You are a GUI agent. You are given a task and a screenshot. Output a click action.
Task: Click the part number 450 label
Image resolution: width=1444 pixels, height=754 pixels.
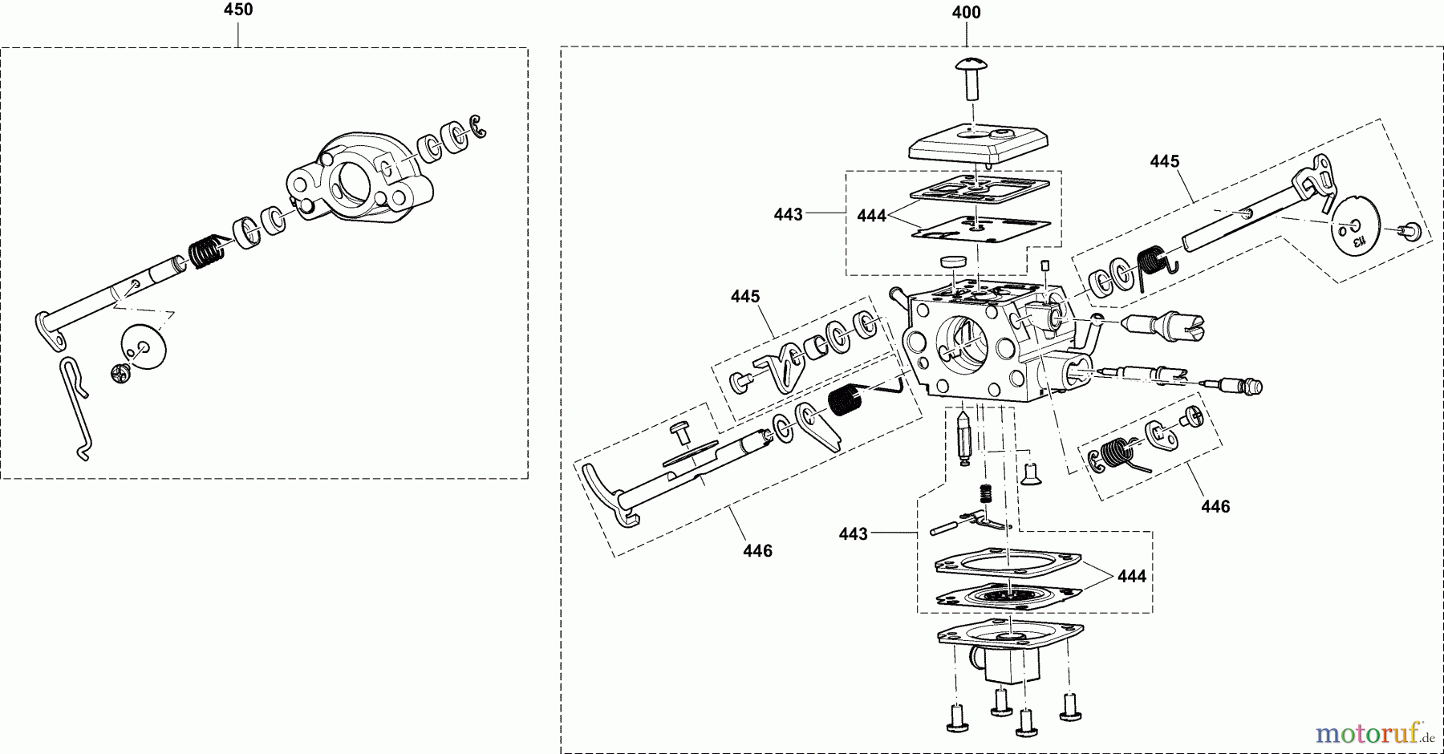238,10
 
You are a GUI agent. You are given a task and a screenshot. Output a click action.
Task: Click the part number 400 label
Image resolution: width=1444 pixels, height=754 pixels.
966,13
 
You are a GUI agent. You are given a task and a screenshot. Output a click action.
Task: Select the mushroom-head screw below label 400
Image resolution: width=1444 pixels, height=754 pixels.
971,77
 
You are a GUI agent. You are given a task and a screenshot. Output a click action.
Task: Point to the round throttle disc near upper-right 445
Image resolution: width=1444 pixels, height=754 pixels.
1356,231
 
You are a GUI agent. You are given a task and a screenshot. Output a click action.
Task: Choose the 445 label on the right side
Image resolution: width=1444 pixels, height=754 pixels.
1164,162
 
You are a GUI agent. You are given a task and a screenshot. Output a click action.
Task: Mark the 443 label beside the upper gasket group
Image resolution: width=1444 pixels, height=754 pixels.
788,214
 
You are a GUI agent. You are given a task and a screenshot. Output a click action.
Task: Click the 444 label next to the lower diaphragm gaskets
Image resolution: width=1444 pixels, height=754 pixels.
1131,576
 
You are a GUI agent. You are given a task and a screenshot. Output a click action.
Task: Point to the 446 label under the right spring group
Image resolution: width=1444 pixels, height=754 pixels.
1215,506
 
